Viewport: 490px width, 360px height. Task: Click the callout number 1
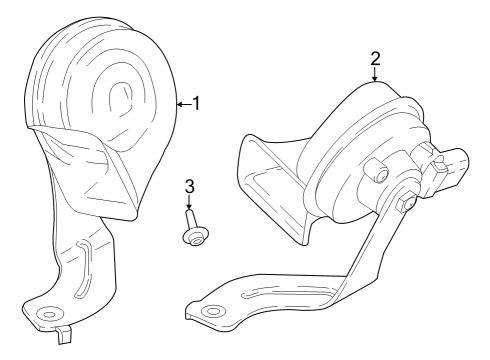tap(197, 102)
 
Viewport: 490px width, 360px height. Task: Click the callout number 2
tap(375, 58)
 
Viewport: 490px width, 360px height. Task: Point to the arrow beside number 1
tap(182, 102)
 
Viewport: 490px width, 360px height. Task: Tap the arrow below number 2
tap(375, 74)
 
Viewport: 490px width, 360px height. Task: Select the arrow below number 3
tap(188, 204)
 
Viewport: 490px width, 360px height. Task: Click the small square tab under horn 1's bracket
tap(64, 330)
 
